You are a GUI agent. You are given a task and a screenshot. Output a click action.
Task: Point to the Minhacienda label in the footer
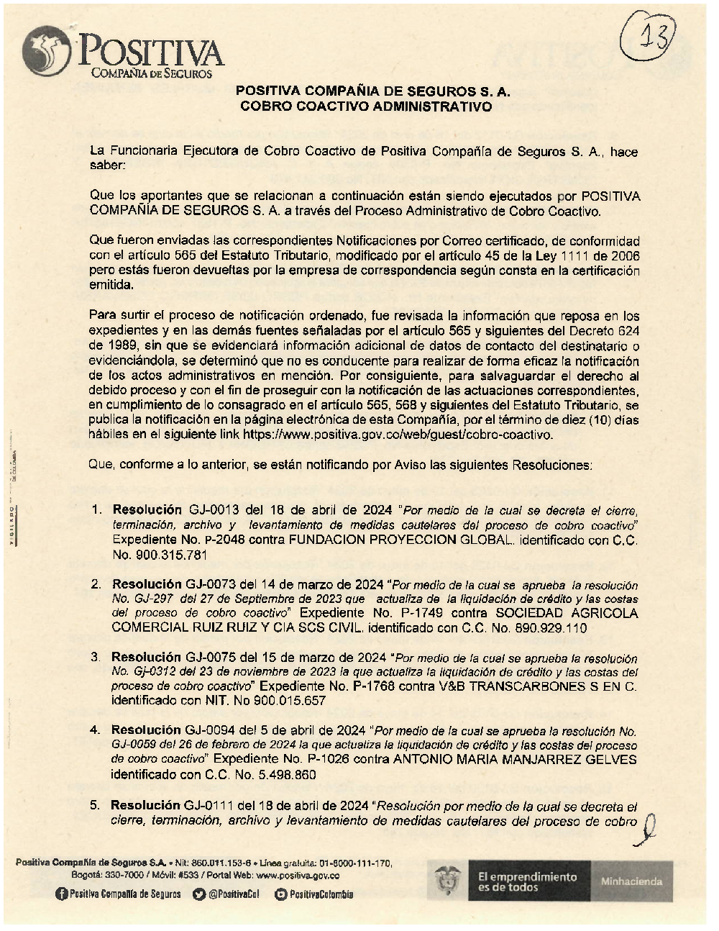(x=632, y=881)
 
